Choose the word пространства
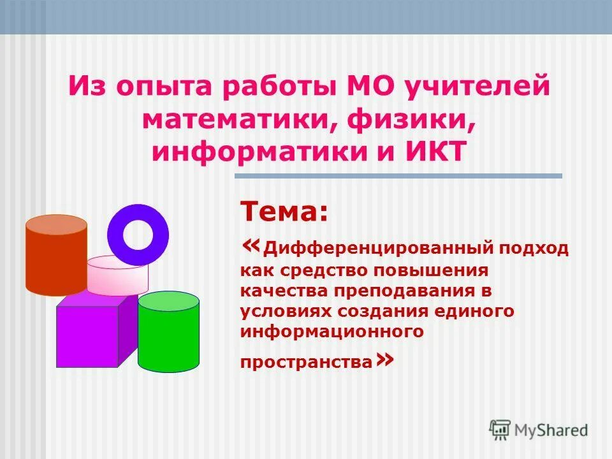306,362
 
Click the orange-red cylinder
56,255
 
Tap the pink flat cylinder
117,275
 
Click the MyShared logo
539,430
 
